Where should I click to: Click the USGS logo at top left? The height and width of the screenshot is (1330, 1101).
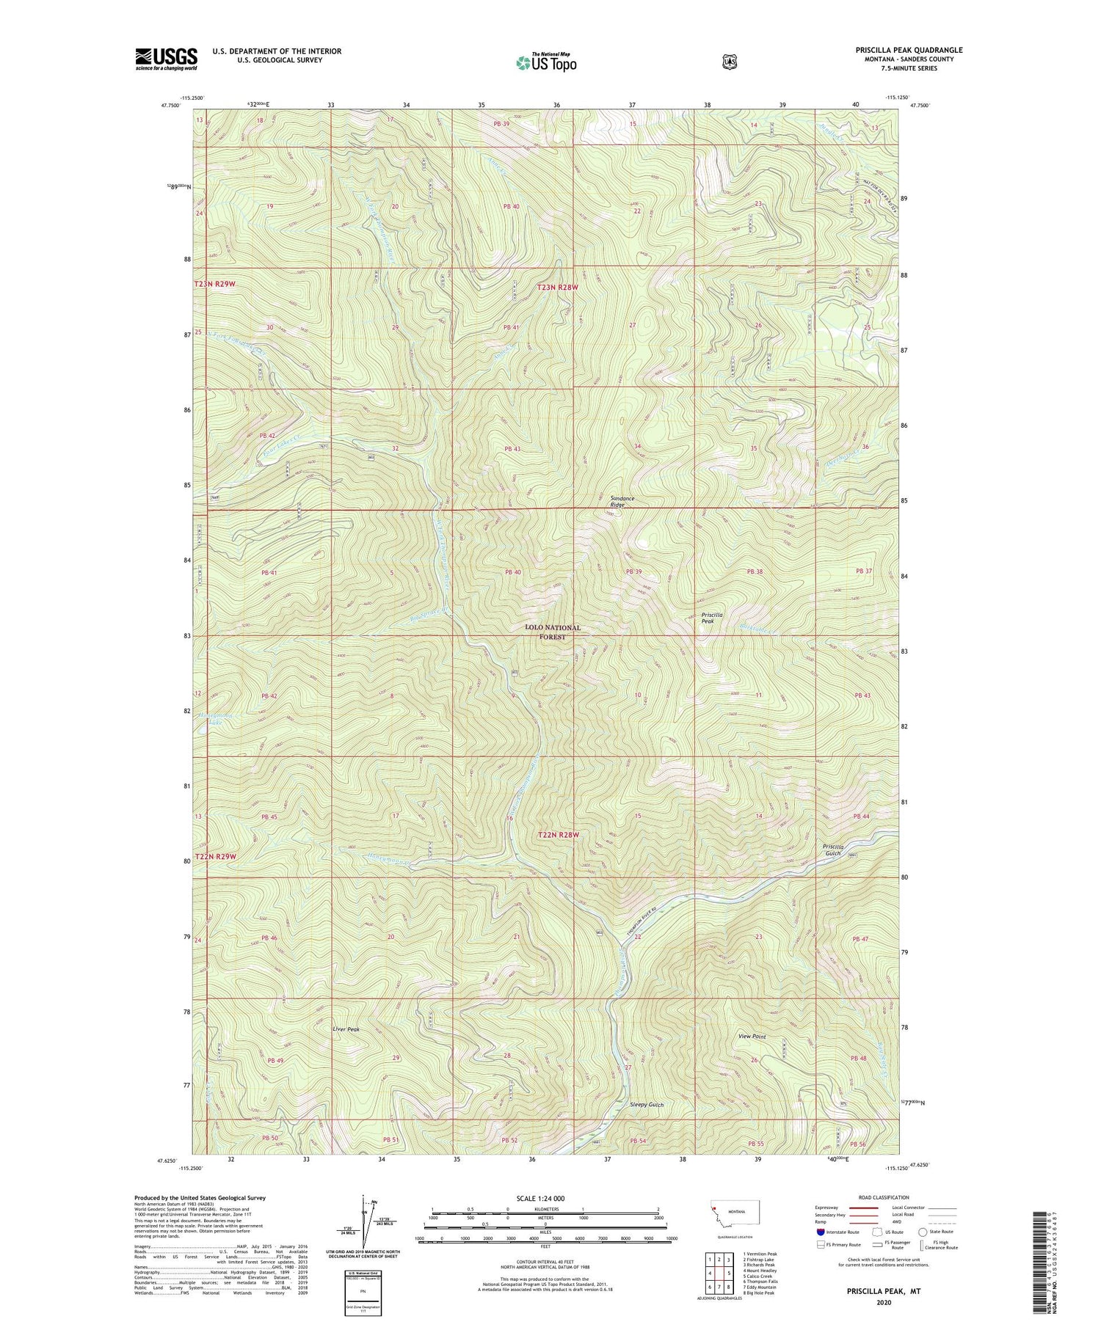(x=166, y=59)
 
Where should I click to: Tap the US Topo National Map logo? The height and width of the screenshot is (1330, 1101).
(x=546, y=62)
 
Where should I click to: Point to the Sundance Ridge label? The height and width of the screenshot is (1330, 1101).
(x=622, y=501)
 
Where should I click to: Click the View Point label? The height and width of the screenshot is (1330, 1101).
(x=752, y=1037)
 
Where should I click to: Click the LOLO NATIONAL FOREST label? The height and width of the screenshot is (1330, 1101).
(x=553, y=632)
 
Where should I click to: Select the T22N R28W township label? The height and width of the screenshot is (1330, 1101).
(x=559, y=835)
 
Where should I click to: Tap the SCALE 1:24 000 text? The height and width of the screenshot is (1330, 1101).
(x=545, y=1198)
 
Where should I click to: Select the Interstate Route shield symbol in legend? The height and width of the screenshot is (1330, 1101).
(x=820, y=1232)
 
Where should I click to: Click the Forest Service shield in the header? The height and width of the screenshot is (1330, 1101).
(x=729, y=62)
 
